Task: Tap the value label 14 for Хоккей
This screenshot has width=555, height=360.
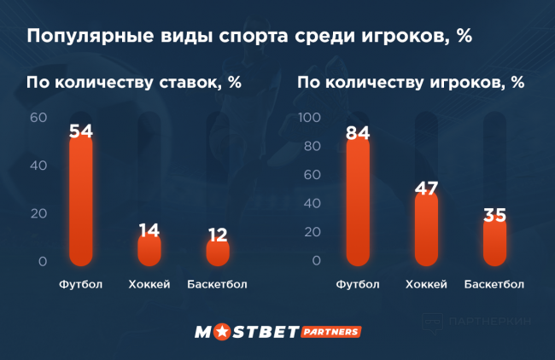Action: tap(149, 229)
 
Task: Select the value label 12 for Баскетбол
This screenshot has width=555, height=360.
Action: tap(218, 235)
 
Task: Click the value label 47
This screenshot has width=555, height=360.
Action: tap(426, 189)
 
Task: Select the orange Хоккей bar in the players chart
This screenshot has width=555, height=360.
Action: tap(426, 230)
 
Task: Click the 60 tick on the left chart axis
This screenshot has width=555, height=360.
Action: tap(38, 118)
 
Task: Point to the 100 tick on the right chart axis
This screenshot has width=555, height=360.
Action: tap(308, 118)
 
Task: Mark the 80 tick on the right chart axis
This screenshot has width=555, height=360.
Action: tap(312, 147)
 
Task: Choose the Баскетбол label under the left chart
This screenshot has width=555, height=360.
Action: tap(218, 284)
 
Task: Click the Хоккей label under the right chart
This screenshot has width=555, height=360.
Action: tap(426, 284)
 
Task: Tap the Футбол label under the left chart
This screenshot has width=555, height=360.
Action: tap(81, 284)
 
